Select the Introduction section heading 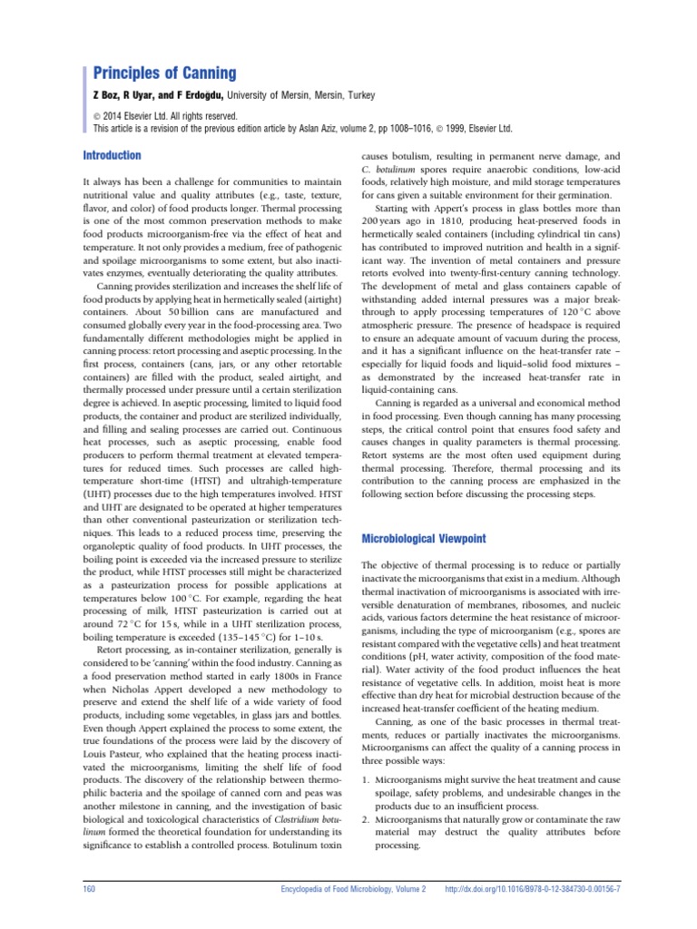[x=112, y=155]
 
